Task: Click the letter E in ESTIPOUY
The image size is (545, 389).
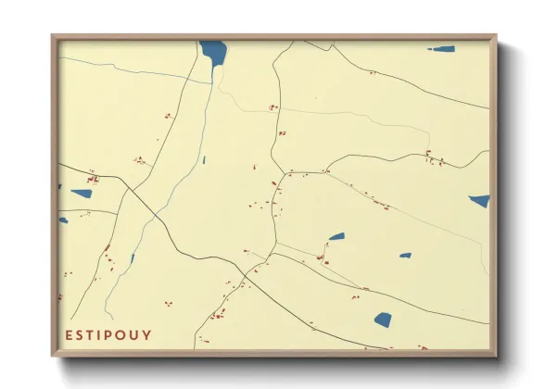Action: coord(69,334)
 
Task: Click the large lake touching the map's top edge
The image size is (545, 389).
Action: coord(213,54)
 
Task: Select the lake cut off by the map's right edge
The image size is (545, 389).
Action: coord(479,200)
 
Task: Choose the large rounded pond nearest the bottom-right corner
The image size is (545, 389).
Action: coord(383,320)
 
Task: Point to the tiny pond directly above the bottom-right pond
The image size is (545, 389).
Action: coord(405,255)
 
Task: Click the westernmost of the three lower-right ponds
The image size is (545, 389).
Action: coord(336,236)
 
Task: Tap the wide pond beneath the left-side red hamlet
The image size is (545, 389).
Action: coord(82,194)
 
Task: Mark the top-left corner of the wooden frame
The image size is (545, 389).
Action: coord(53,36)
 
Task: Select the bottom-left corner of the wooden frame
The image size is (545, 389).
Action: coord(53,355)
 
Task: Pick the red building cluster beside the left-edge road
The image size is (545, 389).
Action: coord(93,179)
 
